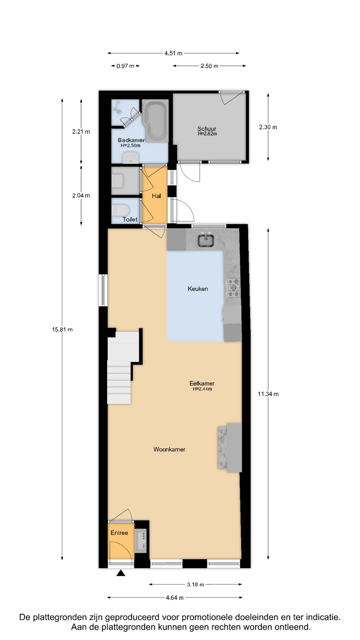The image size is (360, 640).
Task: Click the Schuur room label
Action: [x=207, y=129]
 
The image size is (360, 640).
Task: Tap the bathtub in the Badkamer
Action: [x=156, y=120]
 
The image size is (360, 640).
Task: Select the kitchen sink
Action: [x=206, y=240]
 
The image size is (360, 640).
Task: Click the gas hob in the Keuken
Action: [x=233, y=288]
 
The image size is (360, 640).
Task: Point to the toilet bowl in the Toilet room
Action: [x=120, y=210]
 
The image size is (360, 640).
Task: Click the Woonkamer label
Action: [x=169, y=449]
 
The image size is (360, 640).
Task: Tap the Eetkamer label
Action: [x=202, y=383]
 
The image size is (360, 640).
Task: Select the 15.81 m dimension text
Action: [x=62, y=329]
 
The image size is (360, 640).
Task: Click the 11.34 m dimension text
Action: [x=268, y=394]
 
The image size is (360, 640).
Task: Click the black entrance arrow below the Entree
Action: [x=121, y=573]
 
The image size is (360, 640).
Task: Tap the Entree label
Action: [x=119, y=533]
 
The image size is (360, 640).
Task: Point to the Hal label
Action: [x=156, y=196]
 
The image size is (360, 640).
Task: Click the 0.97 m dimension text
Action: [x=125, y=66]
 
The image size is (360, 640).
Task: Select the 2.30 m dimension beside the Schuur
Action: [x=268, y=127]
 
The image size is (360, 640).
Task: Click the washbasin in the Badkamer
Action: [x=131, y=158]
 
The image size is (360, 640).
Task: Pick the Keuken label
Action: [x=198, y=289]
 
